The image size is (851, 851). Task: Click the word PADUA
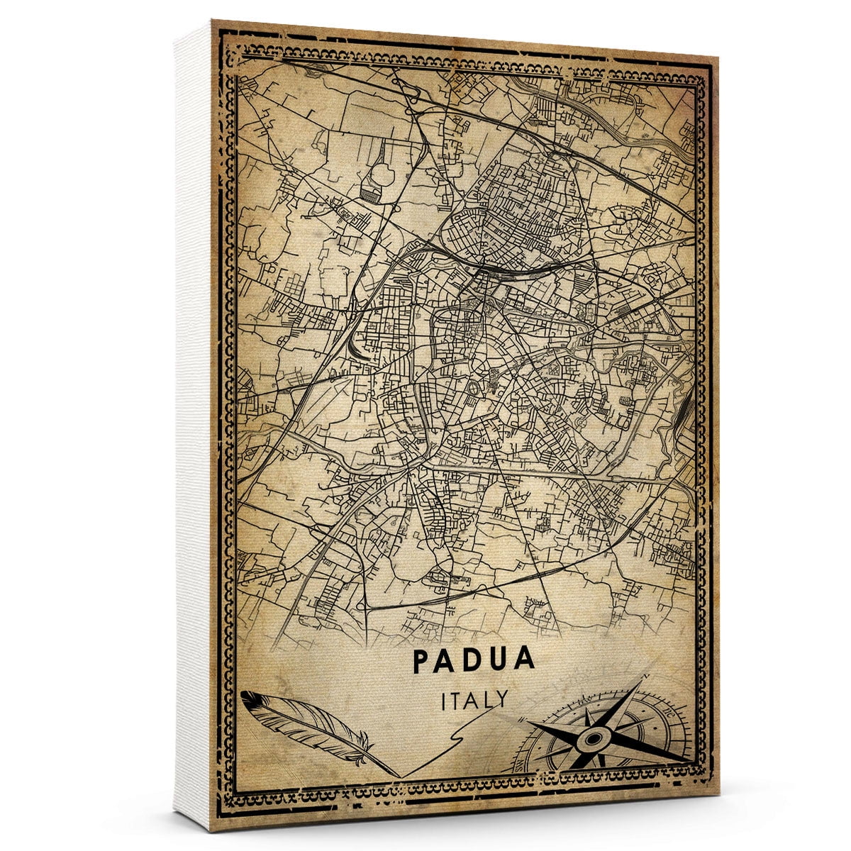coord(473,660)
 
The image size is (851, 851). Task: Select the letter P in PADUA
coord(421,660)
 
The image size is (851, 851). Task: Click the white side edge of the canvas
coord(193,425)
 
